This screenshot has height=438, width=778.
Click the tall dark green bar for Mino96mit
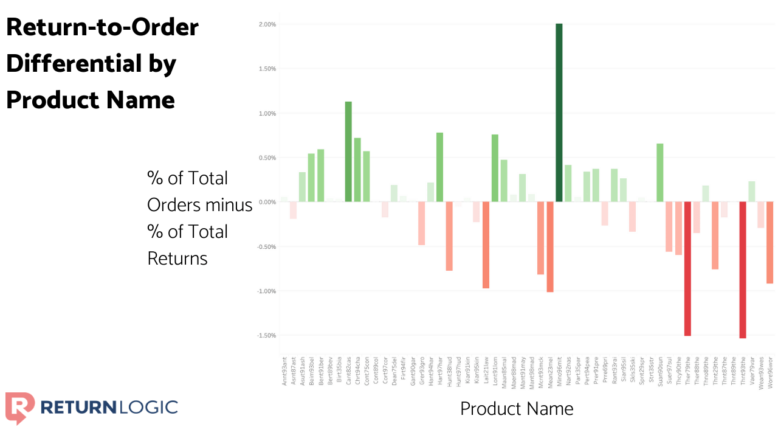click(559, 113)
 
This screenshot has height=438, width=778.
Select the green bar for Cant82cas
click(348, 151)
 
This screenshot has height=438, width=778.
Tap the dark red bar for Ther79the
click(687, 268)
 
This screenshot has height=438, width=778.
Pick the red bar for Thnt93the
click(742, 269)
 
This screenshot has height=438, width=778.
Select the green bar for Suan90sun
click(660, 173)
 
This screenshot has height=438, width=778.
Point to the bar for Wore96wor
click(769, 243)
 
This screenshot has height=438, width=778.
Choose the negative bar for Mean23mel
click(549, 247)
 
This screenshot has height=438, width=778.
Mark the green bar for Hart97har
click(439, 167)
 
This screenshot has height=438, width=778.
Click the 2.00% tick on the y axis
click(267, 24)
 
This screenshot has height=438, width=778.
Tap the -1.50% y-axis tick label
click(266, 336)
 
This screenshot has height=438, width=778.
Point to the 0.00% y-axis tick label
click(267, 202)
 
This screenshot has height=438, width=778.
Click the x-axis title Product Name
click(517, 408)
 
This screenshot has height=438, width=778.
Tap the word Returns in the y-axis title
click(177, 259)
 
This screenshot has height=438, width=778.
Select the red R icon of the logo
click(19, 407)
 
